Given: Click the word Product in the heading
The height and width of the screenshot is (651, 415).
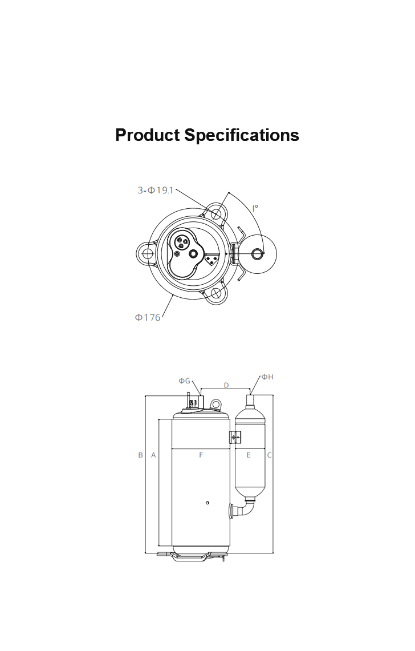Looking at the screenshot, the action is pos(147,135).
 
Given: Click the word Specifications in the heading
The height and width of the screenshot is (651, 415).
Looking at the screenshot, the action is pos(242,135).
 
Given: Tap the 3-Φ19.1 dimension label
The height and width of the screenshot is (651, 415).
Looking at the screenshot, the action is pos(155,190).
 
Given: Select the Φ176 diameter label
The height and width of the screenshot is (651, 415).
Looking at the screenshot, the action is pos(147,317).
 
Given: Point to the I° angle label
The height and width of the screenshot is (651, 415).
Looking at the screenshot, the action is pos(255,208).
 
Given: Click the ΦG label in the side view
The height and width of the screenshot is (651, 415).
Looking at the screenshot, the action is pos(184,381).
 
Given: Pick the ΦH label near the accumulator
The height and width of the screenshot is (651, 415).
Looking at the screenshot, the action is pos(267,377).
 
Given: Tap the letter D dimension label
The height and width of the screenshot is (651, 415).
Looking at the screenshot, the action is pos(226,385).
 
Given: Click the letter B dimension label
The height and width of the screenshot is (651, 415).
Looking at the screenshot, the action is pos(140,455).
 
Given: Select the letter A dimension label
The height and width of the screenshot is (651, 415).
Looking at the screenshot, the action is pos(153,455).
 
